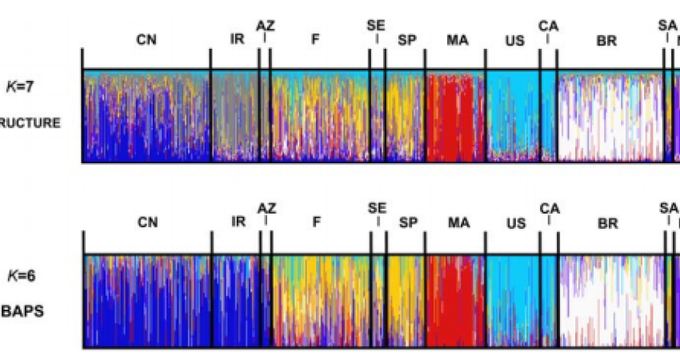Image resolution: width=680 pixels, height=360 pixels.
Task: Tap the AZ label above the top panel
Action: tap(266, 26)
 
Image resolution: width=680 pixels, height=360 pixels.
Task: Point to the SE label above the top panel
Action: tap(376, 26)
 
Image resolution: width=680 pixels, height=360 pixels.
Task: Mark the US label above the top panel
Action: tap(515, 39)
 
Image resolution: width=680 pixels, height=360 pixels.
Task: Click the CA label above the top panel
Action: tap(548, 26)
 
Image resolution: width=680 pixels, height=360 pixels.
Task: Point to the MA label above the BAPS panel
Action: tap(457, 222)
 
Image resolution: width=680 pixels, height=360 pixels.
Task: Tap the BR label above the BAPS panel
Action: tap(607, 222)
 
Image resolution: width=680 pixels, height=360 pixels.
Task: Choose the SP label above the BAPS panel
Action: tap(408, 222)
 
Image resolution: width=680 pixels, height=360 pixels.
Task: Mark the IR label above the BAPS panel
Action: tap(238, 222)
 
